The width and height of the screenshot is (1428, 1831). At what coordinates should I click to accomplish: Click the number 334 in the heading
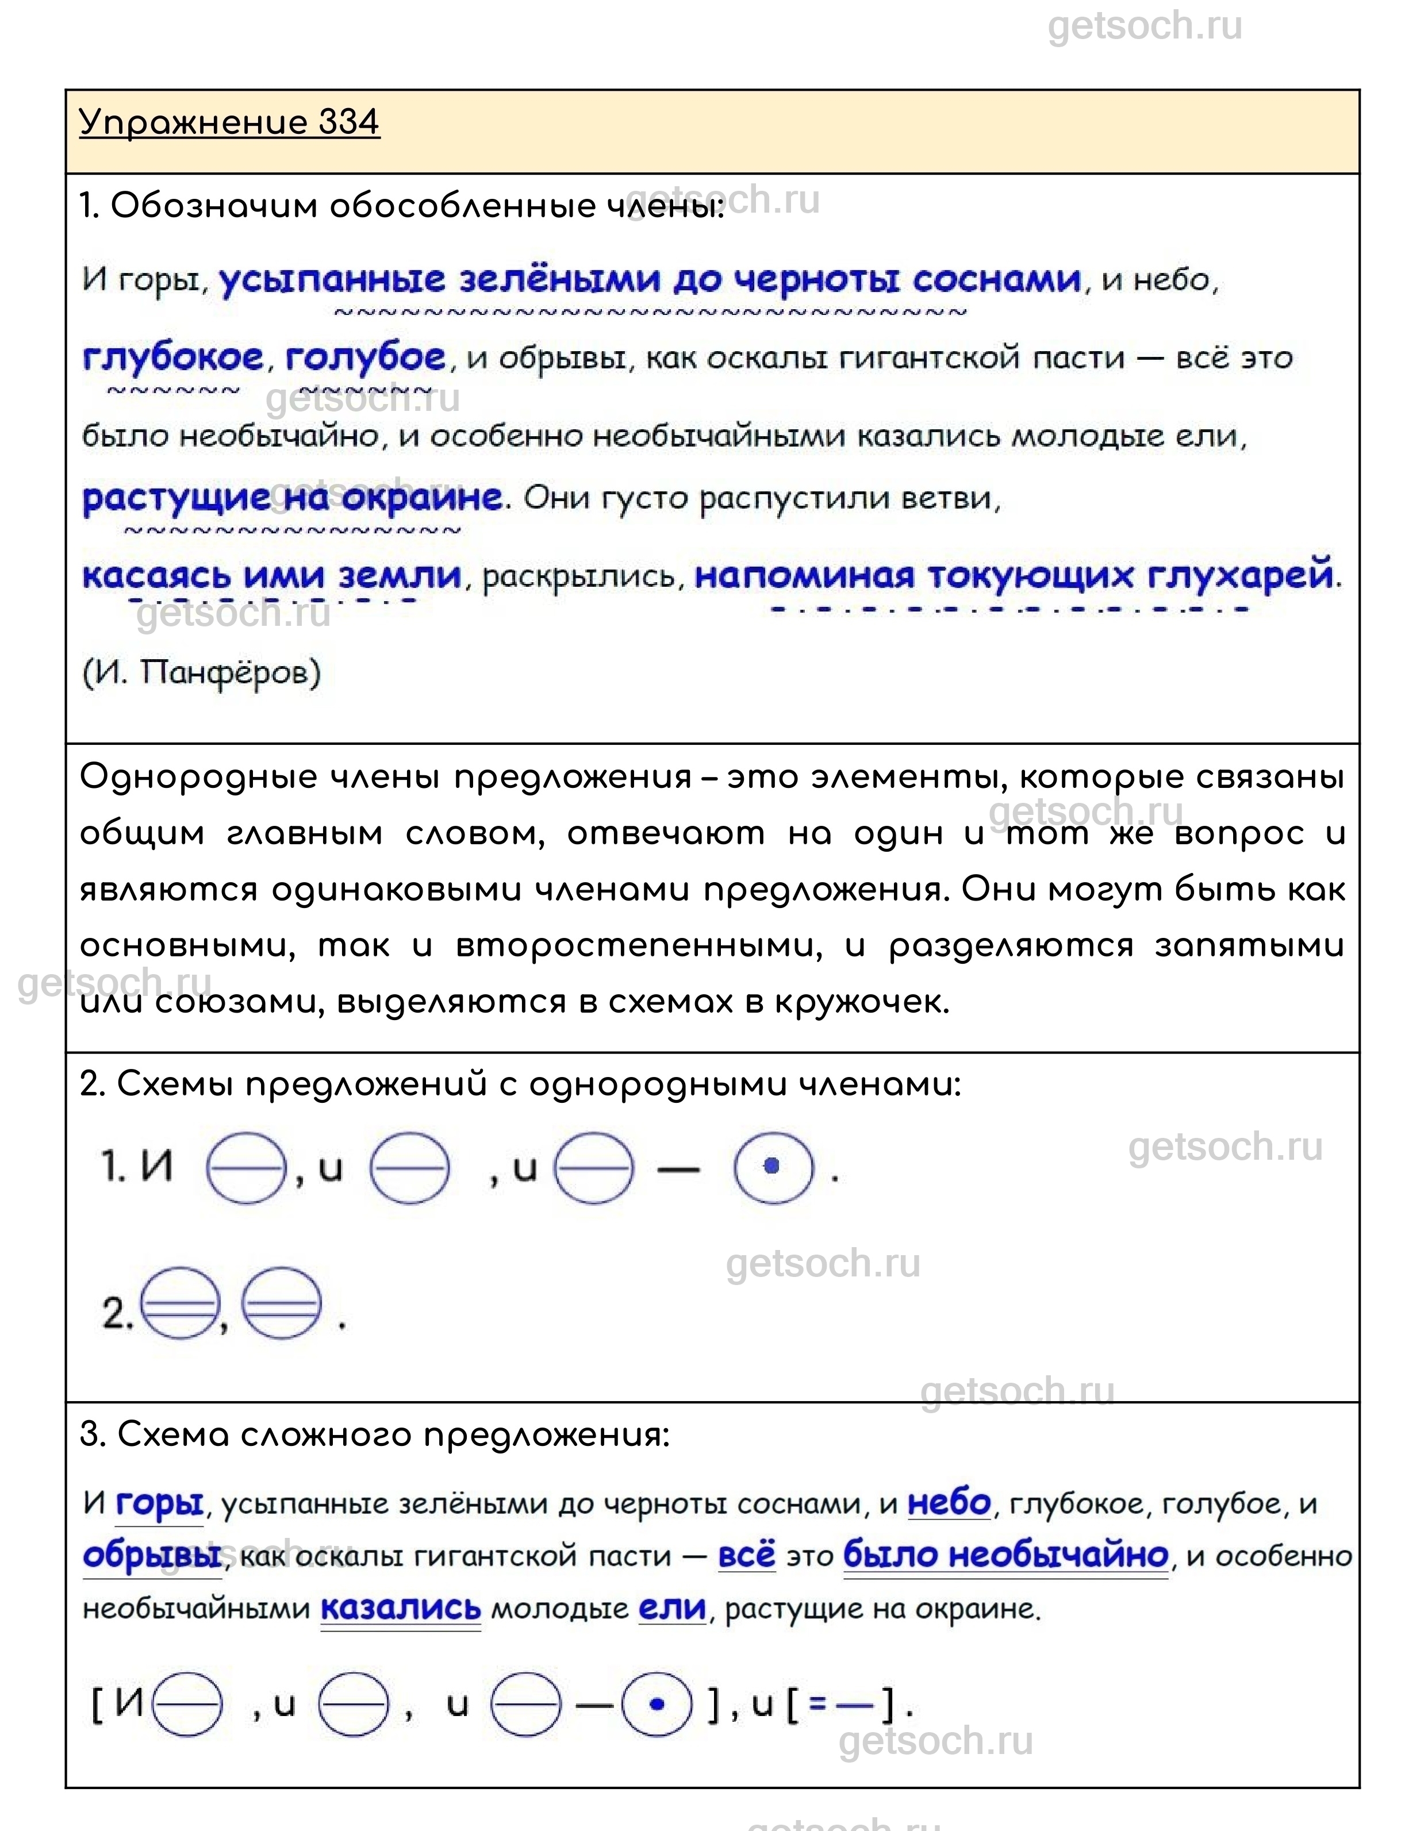(349, 122)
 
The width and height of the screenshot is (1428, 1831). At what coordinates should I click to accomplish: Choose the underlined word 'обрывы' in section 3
(152, 1557)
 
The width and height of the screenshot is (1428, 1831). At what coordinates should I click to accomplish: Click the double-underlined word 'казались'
(401, 1609)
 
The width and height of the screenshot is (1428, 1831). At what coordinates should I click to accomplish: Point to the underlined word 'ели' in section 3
(673, 1609)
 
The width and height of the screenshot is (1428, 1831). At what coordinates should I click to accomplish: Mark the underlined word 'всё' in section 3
(746, 1557)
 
